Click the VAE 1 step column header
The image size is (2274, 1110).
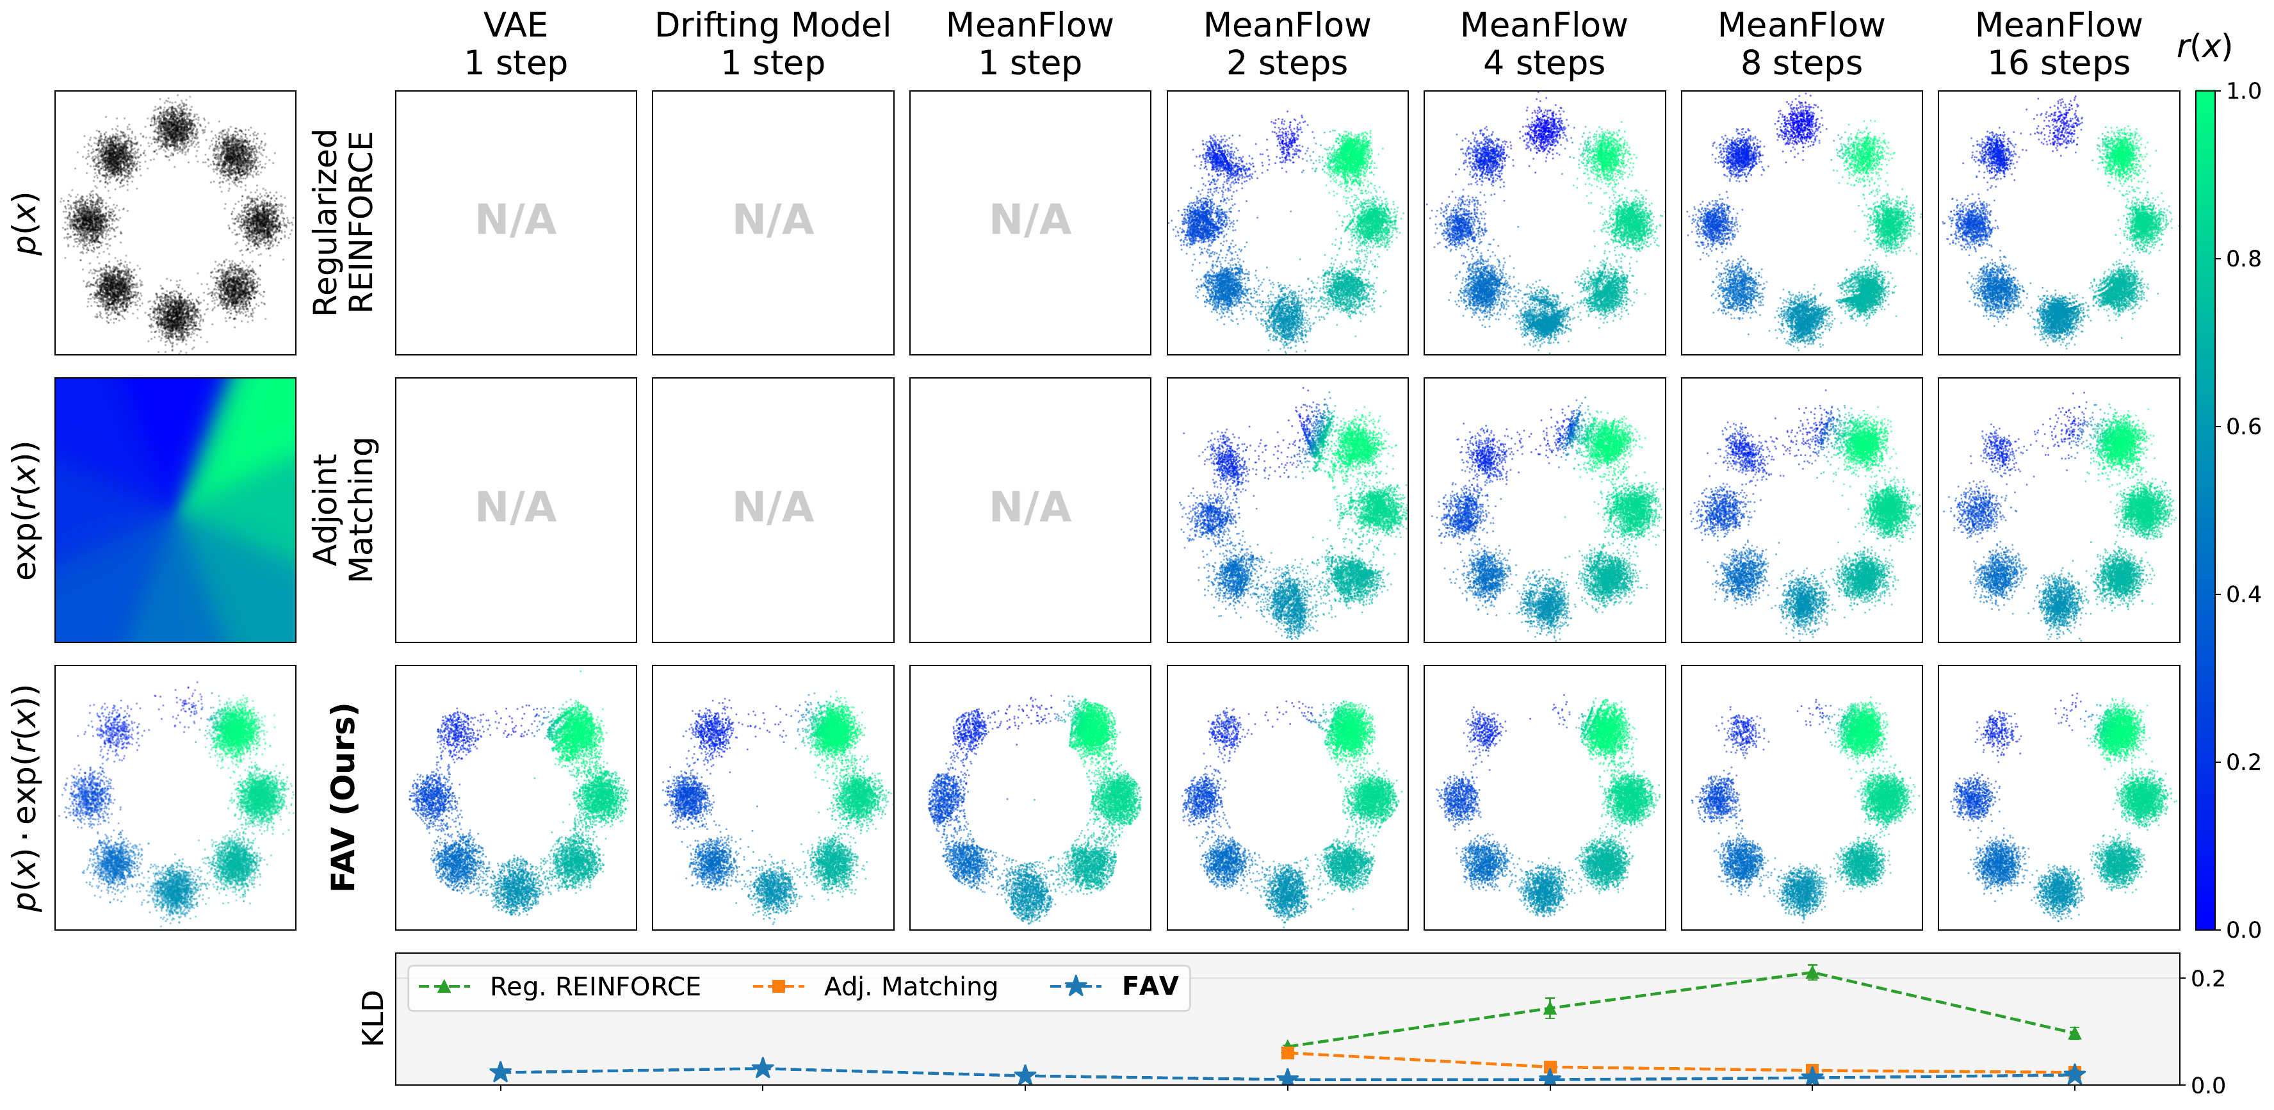[x=516, y=44]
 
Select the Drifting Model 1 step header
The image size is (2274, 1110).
[x=774, y=44]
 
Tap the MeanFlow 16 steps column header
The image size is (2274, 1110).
[x=2059, y=44]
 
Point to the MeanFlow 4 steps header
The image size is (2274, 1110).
[x=1544, y=44]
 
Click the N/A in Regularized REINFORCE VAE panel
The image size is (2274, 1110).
[x=516, y=220]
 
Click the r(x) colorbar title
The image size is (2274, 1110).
[x=2204, y=46]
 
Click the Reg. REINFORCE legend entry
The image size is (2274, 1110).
[x=560, y=986]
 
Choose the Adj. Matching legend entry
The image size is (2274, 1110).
[x=875, y=986]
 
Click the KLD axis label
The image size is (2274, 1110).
[x=373, y=1018]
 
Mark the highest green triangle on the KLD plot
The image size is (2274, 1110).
[x=1812, y=973]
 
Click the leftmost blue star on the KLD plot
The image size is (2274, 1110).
[x=501, y=1072]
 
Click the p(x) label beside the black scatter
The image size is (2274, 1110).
[x=28, y=224]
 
